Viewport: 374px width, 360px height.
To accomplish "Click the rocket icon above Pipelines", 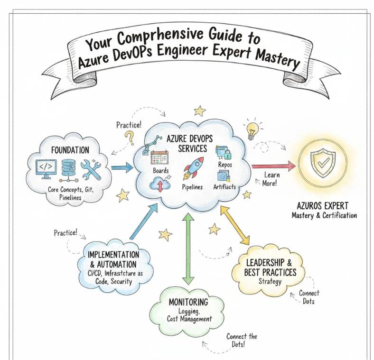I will [192, 167].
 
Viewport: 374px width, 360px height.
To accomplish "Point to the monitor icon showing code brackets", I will [47, 168].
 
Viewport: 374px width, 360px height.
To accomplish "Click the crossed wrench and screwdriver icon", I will [91, 169].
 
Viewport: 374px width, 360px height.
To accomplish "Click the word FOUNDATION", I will [70, 150].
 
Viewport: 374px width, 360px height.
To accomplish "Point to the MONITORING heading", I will [188, 302].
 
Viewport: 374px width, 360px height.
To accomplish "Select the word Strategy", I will [270, 282].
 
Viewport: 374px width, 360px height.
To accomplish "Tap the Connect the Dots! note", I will [241, 340].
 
